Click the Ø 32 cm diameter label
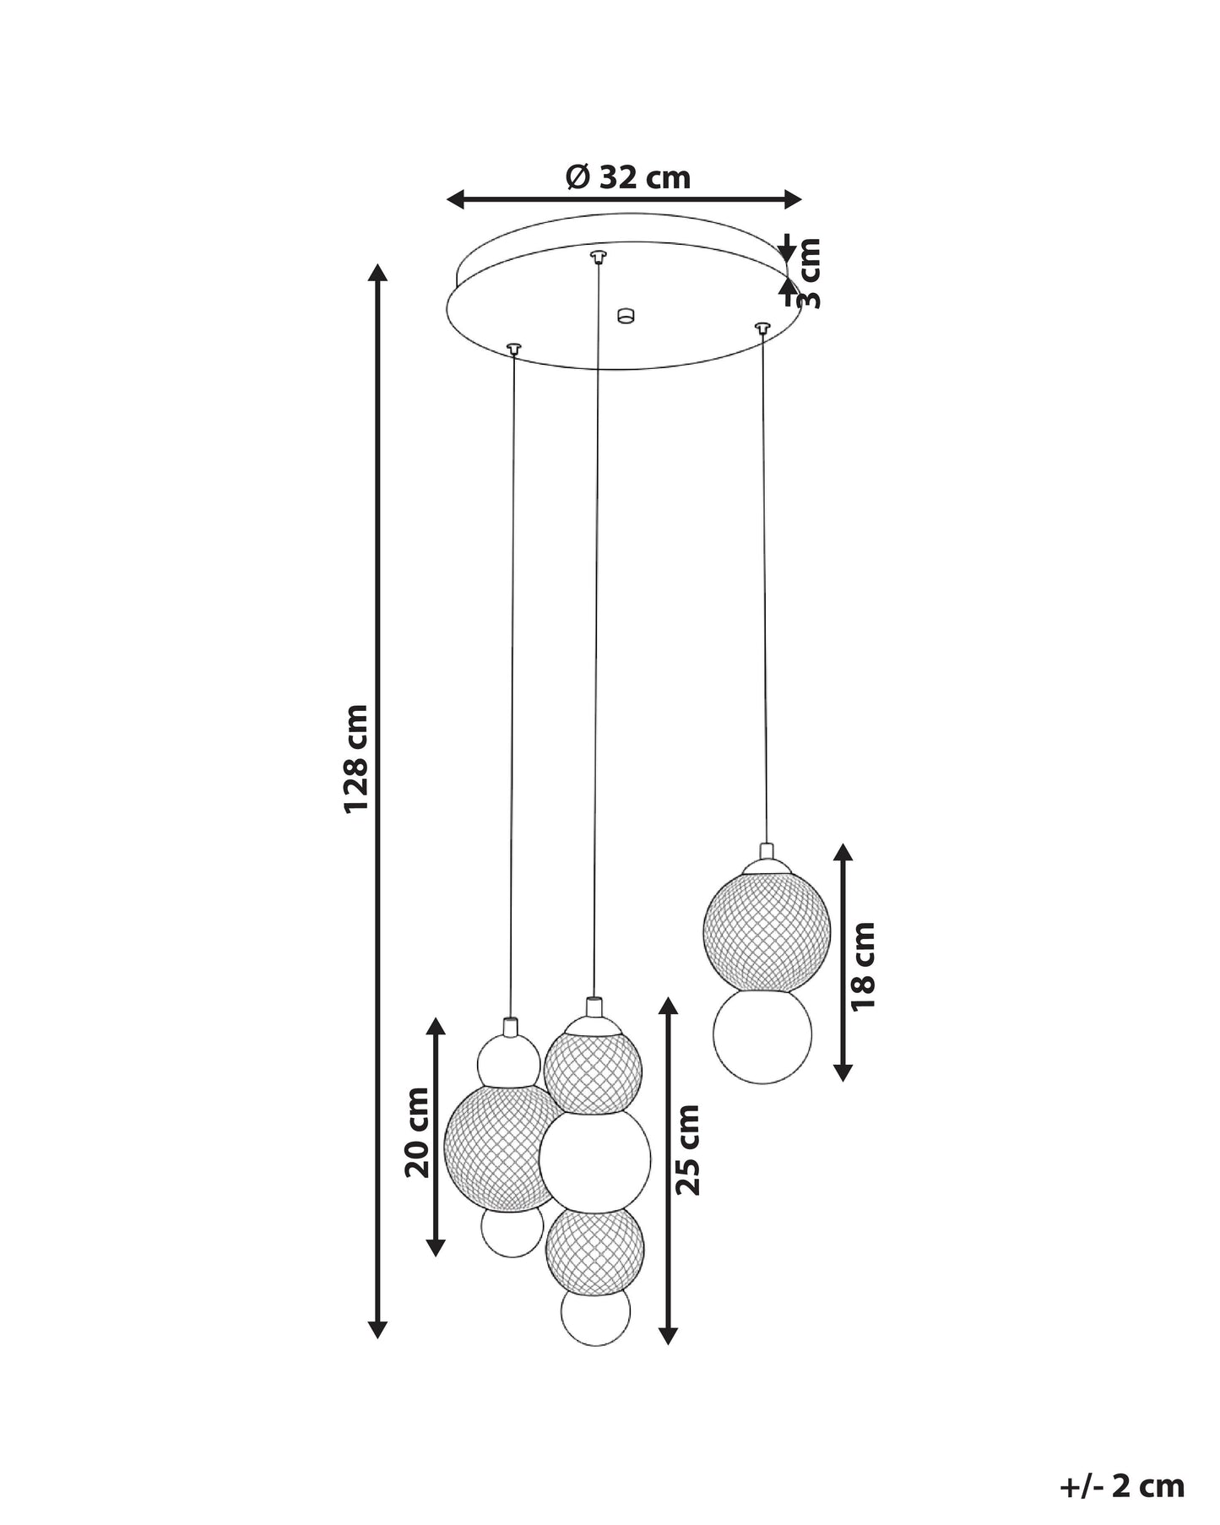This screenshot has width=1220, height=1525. coord(628,177)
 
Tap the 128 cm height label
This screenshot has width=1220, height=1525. coord(355,758)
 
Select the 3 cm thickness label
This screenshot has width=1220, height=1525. coord(808,273)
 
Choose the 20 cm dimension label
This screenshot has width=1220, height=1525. coord(417,1132)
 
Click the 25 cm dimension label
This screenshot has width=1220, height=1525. coord(688,1149)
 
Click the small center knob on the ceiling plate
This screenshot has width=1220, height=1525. coord(625,316)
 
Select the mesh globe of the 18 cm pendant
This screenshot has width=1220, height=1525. coord(767,929)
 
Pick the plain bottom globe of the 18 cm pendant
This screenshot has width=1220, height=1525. coord(762,1035)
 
